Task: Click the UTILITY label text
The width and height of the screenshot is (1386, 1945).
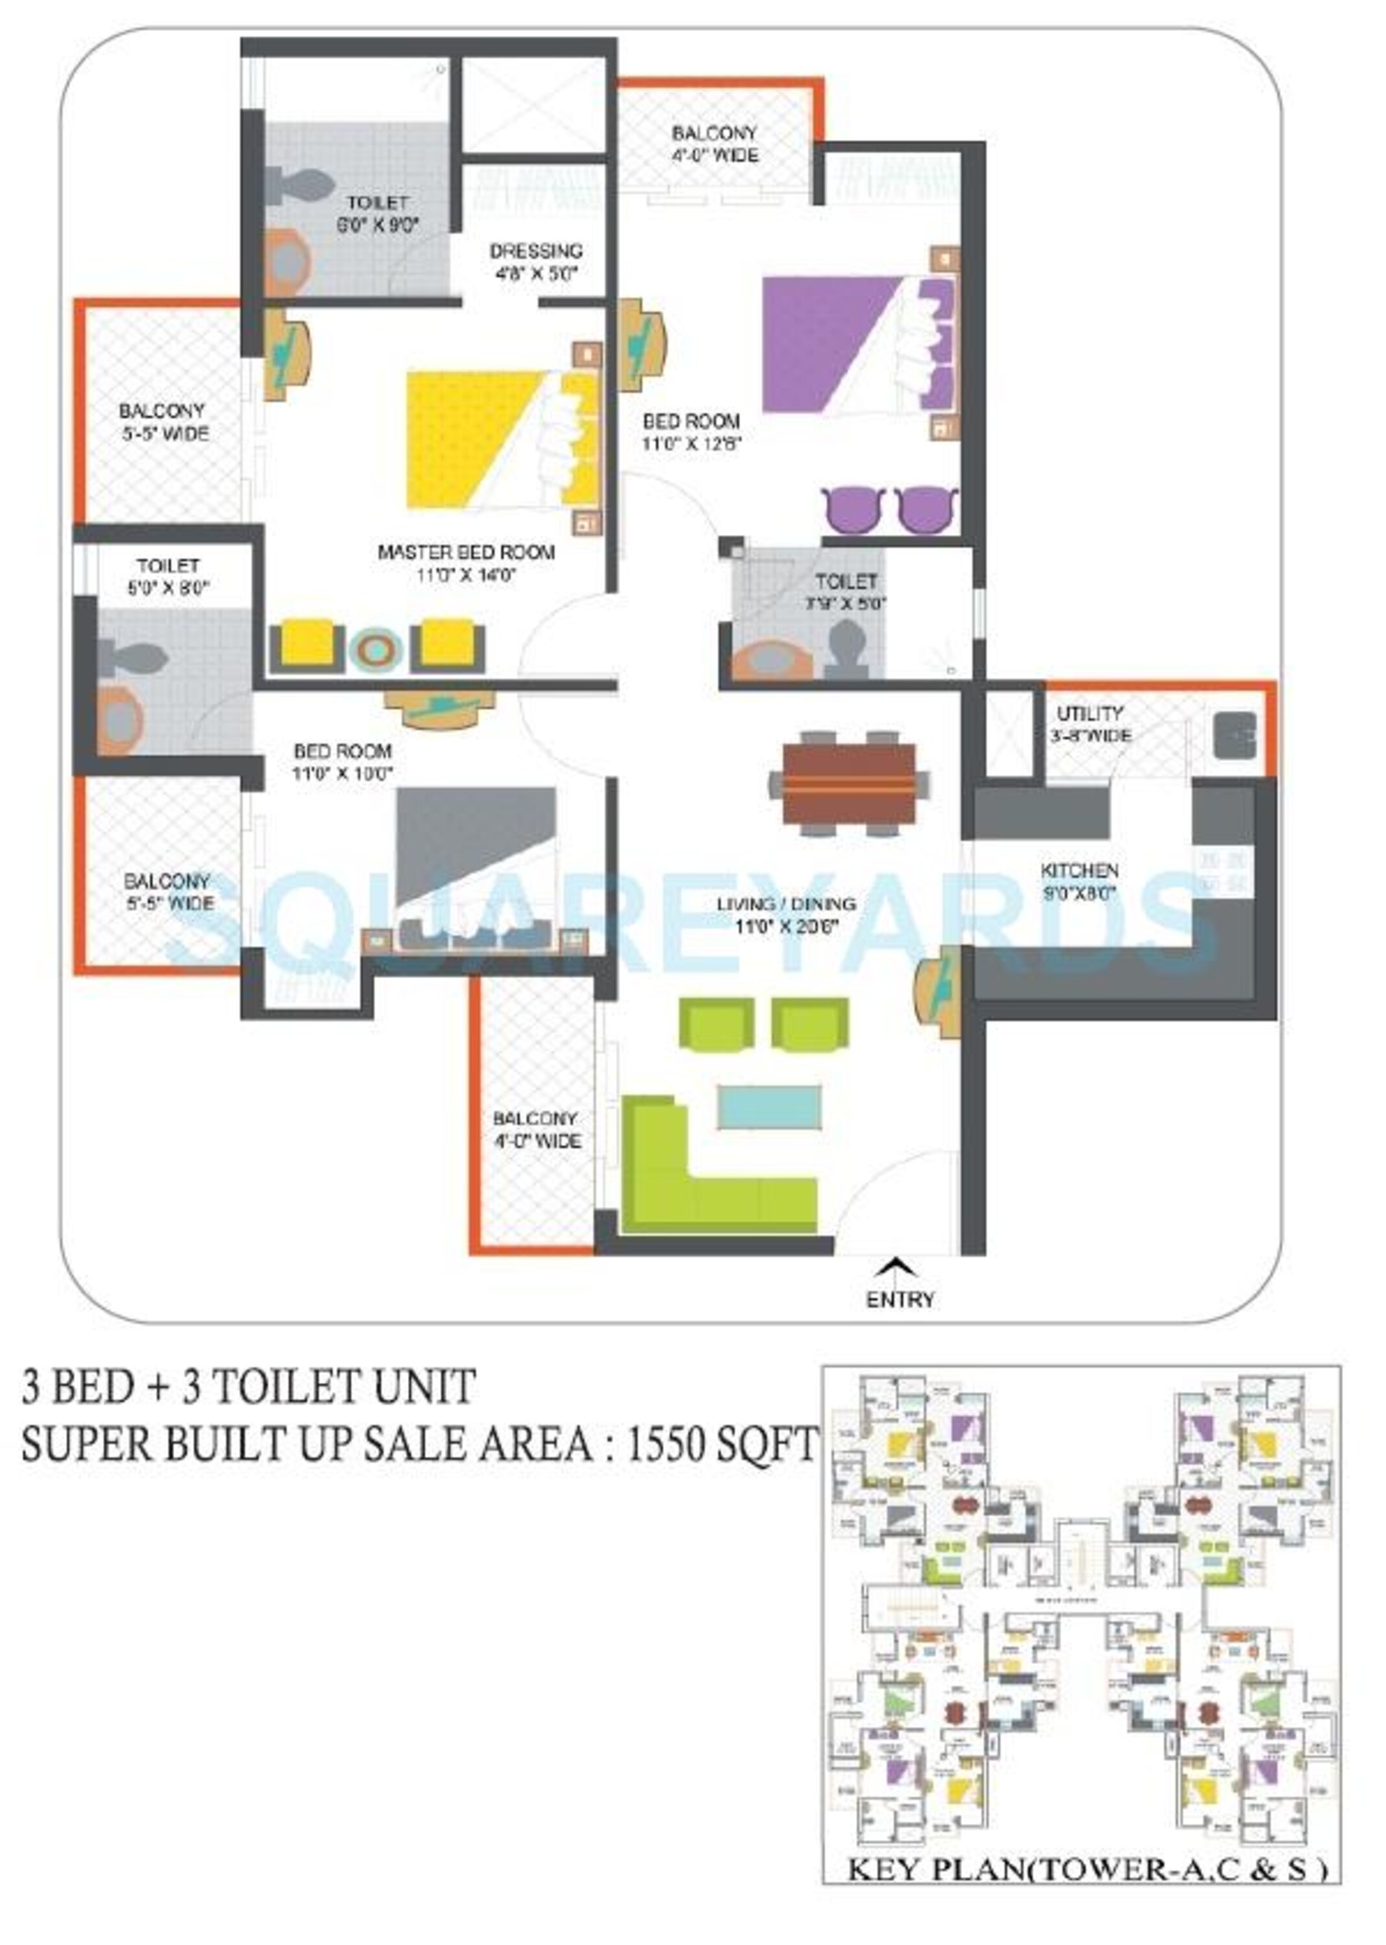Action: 1089,713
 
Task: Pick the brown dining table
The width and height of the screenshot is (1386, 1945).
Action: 849,783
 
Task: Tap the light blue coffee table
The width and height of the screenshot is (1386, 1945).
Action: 769,1107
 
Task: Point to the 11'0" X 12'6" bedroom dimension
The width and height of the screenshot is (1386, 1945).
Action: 690,444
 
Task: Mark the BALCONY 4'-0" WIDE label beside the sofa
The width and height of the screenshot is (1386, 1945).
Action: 536,1129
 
